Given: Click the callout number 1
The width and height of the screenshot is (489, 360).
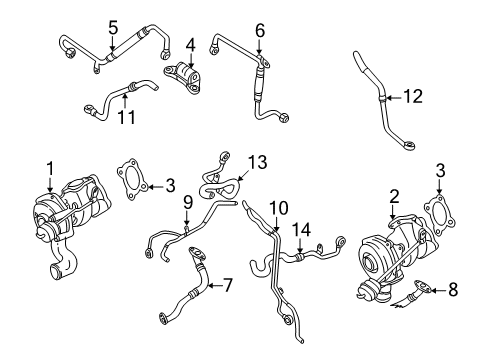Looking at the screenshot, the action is [50, 169].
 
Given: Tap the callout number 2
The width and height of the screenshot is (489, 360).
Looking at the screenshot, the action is [394, 197].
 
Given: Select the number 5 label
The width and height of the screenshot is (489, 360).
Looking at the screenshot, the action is [113, 28].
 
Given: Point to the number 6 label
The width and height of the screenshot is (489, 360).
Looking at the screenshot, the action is [260, 30].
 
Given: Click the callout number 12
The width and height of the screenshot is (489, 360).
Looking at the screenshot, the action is [413, 97].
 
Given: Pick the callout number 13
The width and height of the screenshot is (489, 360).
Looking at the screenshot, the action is [257, 162].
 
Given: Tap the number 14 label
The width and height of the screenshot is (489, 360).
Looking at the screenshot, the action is [302, 230].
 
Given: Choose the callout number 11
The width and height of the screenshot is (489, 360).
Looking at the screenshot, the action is [127, 117].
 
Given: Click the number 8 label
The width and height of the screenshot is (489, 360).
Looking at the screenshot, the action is [453, 289].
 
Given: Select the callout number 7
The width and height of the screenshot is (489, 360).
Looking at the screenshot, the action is [227, 285].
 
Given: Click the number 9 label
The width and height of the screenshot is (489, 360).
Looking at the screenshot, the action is [188, 203].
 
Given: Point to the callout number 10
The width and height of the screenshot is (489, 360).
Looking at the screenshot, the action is [279, 208].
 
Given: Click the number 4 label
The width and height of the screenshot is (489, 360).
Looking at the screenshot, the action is [190, 46].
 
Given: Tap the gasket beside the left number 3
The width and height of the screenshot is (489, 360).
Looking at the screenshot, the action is [133, 179].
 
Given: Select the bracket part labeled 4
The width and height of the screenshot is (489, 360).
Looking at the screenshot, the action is [183, 77].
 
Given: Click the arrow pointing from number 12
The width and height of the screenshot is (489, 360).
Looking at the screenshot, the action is [394, 98].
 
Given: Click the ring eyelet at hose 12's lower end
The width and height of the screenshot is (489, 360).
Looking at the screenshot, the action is [410, 145].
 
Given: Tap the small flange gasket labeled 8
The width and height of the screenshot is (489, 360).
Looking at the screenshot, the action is [421, 285].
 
